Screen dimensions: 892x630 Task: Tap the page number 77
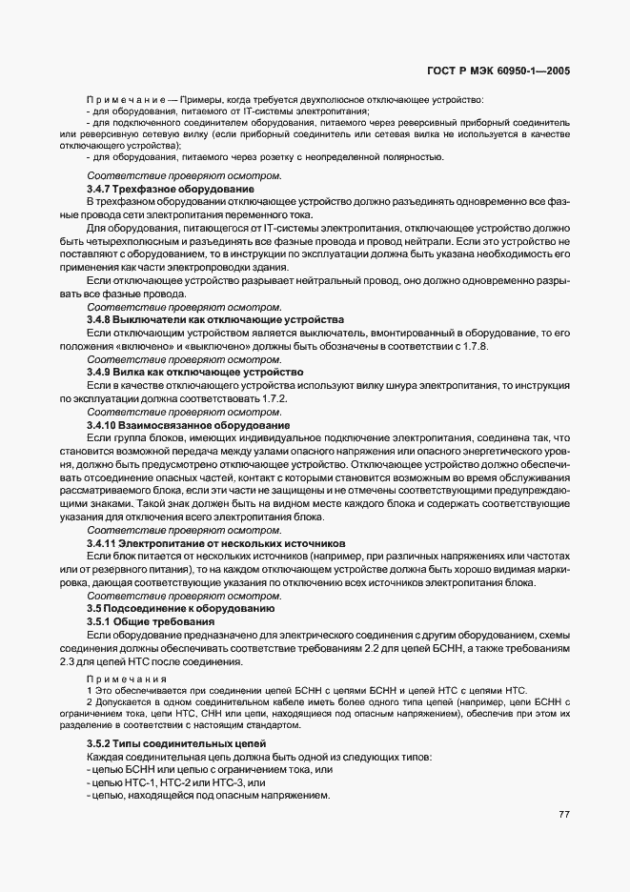[564, 814]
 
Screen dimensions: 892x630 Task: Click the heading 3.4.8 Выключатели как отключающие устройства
[201, 319]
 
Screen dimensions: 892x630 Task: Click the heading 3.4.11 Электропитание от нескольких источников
[214, 541]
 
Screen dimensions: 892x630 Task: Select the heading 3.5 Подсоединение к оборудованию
[181, 607]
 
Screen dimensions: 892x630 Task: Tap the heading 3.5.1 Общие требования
[151, 620]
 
